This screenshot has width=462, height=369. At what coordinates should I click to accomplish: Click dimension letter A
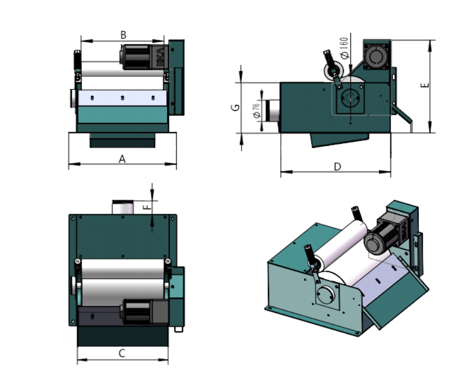pyautogui.click(x=122, y=159)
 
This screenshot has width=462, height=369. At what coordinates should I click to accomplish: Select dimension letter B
pyautogui.click(x=123, y=35)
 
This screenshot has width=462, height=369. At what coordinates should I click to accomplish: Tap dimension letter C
pyautogui.click(x=122, y=353)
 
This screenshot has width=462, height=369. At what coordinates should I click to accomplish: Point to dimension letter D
pyautogui.click(x=337, y=167)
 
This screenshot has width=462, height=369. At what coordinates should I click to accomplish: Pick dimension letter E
pyautogui.click(x=425, y=85)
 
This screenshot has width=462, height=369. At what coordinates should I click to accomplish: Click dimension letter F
pyautogui.click(x=147, y=207)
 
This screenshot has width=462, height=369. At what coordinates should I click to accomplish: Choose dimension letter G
pyautogui.click(x=236, y=108)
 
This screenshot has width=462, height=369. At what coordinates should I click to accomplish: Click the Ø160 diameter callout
pyautogui.click(x=344, y=48)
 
